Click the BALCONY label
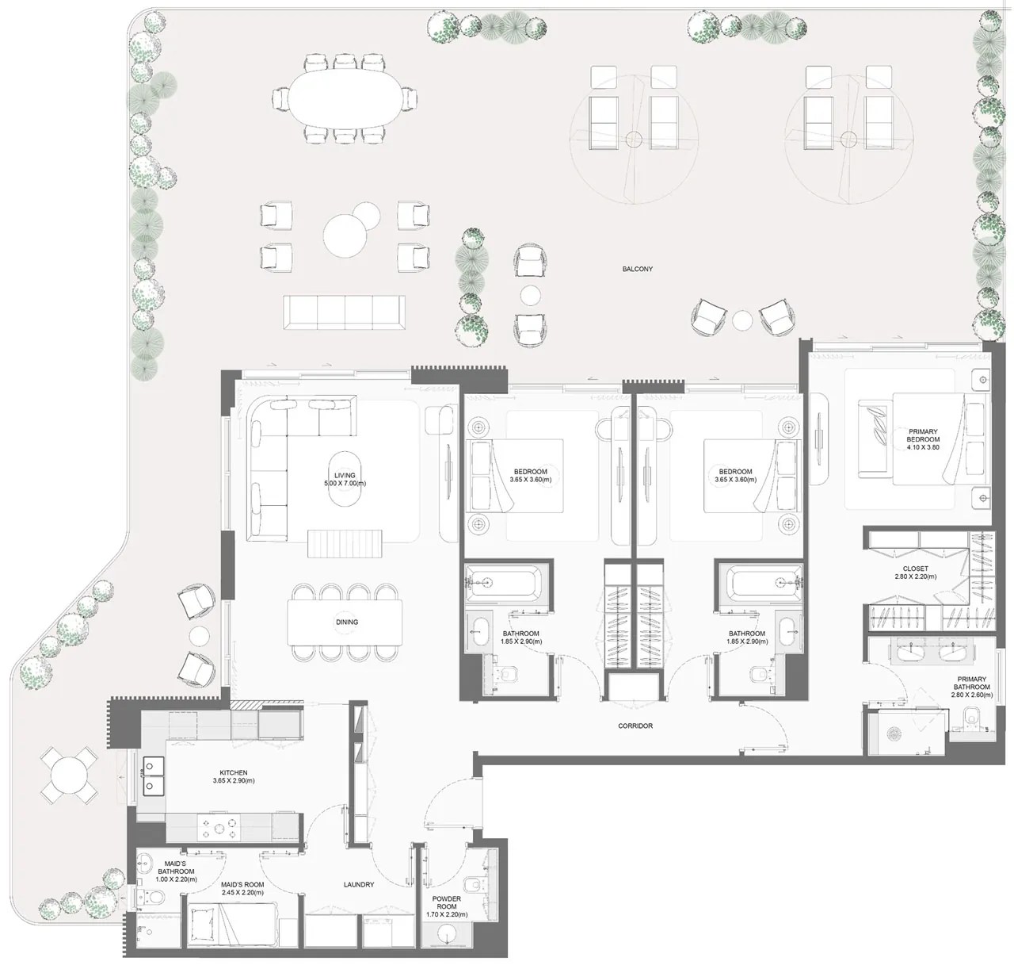tap(637, 269)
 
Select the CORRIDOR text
tap(635, 726)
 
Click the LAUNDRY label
tap(359, 884)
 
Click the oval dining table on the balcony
tap(345, 99)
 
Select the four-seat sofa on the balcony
tap(344, 312)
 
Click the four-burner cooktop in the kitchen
tap(219, 827)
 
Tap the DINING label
tap(347, 622)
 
